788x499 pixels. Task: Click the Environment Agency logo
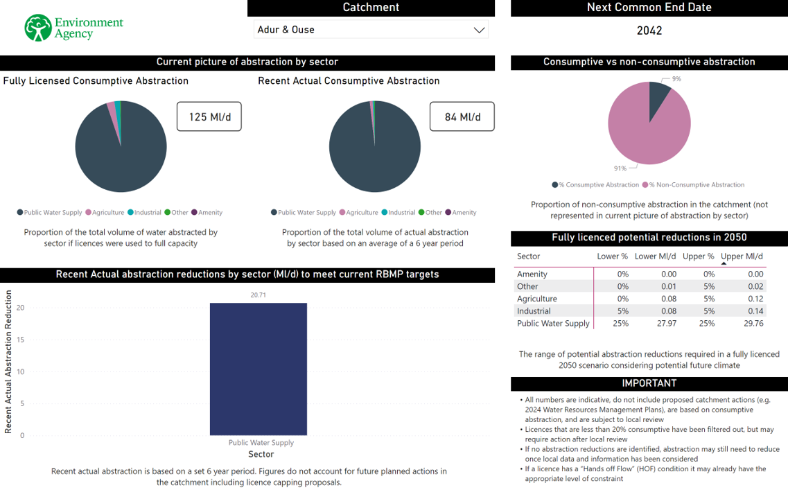(x=73, y=28)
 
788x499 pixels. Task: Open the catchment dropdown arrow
(x=478, y=30)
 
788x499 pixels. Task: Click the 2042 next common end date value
(x=649, y=30)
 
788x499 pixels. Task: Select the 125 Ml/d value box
(x=209, y=116)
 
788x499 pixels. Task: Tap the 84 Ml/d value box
(x=462, y=116)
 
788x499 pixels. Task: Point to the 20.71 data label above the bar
(x=258, y=295)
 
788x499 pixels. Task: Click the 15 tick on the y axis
(x=21, y=340)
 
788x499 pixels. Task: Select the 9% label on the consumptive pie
(x=676, y=79)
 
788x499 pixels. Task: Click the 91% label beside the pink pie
(x=620, y=168)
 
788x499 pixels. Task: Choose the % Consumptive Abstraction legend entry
(x=595, y=185)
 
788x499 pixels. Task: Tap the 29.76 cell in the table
(x=753, y=323)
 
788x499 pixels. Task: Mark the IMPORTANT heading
(x=649, y=383)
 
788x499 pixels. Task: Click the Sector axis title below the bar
(x=261, y=455)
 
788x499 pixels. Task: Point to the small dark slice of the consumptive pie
(x=658, y=96)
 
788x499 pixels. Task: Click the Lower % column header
(x=612, y=256)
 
